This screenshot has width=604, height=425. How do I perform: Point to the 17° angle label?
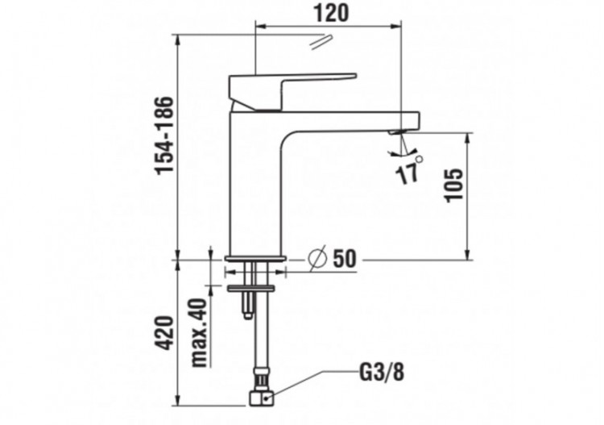409,171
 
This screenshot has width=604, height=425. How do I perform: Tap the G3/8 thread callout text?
381,373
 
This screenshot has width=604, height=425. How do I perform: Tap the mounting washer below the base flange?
251,286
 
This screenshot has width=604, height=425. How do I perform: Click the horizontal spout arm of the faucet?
354,117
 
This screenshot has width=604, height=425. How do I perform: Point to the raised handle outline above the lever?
320,40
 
